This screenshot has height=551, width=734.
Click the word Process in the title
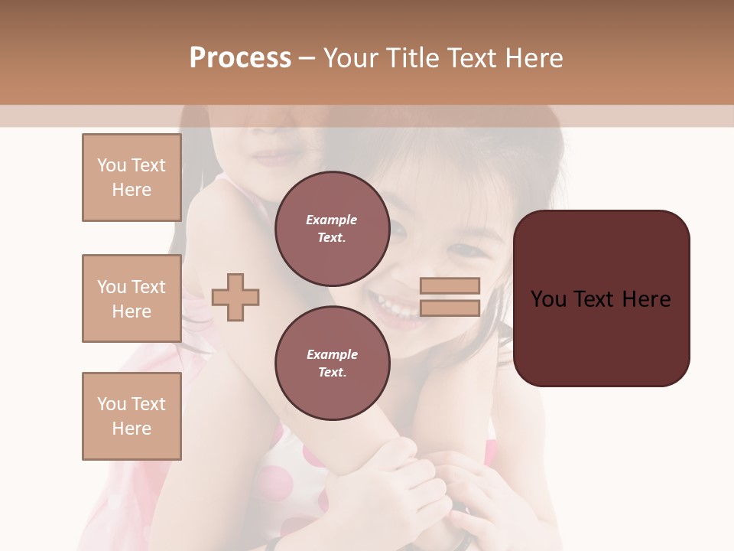[x=240, y=58]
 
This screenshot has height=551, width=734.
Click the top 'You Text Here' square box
[x=132, y=178]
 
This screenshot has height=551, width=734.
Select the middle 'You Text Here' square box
[x=132, y=298]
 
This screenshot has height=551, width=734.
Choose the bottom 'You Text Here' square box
[x=132, y=416]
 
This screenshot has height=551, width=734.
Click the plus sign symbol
[x=235, y=297]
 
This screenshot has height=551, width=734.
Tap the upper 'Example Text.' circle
[x=332, y=228]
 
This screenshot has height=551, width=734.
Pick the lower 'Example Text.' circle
[x=332, y=363]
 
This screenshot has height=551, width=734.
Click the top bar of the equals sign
[x=450, y=286]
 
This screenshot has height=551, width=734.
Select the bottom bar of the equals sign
[x=450, y=308]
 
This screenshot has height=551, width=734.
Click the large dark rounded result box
[x=601, y=298]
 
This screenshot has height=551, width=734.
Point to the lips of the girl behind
[x=273, y=158]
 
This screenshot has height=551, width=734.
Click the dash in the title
[x=307, y=58]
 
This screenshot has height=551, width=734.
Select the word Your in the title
[x=352, y=58]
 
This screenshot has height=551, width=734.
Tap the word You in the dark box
[x=549, y=299]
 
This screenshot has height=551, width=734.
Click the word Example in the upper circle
[x=332, y=220]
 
